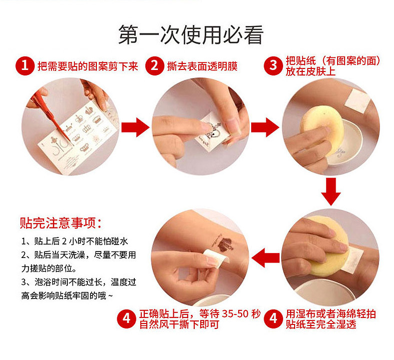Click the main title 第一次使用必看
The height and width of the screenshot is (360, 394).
click(x=191, y=34)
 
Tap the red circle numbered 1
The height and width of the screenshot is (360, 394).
click(x=25, y=66)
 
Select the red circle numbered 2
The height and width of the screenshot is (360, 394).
click(x=154, y=66)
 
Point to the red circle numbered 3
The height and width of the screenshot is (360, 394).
click(x=273, y=66)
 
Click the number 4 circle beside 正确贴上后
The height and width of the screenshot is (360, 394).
click(x=126, y=318)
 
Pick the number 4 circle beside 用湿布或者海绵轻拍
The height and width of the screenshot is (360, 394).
click(x=273, y=318)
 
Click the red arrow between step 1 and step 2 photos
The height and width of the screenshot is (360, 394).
click(x=135, y=127)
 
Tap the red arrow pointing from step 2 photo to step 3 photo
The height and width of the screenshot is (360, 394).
click(x=265, y=127)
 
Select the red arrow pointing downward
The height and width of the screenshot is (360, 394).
click(x=331, y=191)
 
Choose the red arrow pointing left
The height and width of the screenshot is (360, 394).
click(x=265, y=257)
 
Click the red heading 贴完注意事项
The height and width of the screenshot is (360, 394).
click(x=61, y=223)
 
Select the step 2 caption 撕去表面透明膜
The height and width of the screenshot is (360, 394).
click(x=202, y=66)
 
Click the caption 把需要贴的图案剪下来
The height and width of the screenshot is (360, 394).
click(x=88, y=66)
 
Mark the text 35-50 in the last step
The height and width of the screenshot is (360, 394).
click(x=235, y=313)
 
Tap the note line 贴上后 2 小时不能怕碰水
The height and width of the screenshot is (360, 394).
click(x=74, y=241)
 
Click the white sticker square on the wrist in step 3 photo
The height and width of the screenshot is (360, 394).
click(x=357, y=100)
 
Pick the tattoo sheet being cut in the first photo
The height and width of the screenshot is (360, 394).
click(x=78, y=137)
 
